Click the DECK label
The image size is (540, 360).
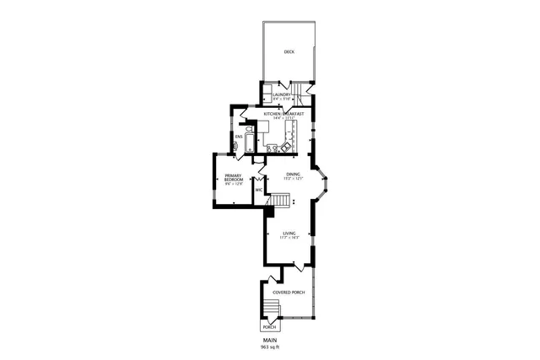coord(289,51)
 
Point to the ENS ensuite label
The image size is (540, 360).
coord(239,135)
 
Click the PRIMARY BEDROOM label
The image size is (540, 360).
coord(234,178)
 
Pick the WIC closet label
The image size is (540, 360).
coord(259,190)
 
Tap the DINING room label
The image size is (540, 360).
coord(292,174)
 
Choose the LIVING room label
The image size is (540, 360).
coord(289,234)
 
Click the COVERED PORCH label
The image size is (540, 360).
coord(289,292)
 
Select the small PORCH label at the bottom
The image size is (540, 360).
coord(269,326)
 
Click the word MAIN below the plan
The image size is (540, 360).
coord(270,340)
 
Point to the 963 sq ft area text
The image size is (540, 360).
coord(270,347)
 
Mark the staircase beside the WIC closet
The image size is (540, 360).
coord(281,199)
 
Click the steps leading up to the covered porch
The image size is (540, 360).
coord(269,307)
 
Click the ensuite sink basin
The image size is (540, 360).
coord(235,145)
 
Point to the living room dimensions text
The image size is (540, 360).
coord(289,239)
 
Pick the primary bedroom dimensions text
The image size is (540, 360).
coord(234,183)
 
